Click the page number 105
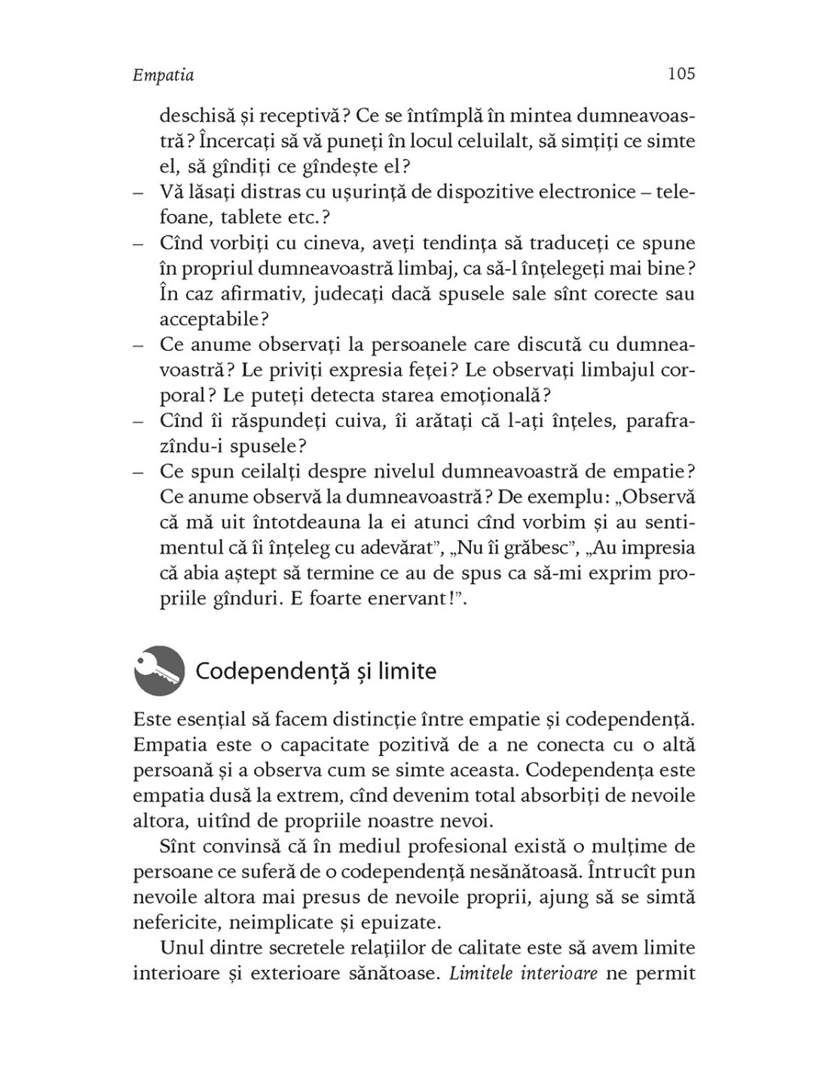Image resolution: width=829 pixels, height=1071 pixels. [x=681, y=74]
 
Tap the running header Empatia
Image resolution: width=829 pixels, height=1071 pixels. [x=163, y=75]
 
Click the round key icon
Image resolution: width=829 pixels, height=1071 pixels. [x=159, y=670]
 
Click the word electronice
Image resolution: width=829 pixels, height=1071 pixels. [x=570, y=192]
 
